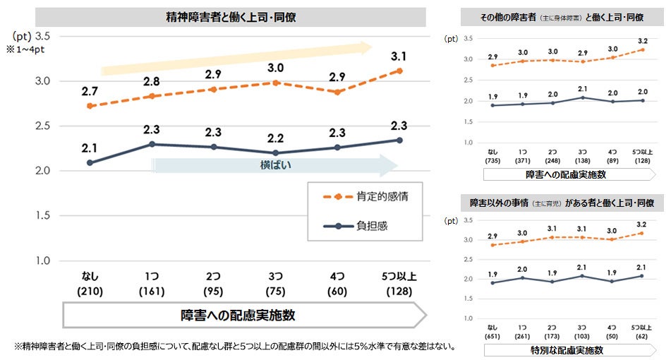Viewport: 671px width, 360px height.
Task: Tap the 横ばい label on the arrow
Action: [276, 164]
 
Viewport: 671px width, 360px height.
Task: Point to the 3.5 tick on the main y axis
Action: [42, 36]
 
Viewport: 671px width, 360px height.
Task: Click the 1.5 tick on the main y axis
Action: [42, 216]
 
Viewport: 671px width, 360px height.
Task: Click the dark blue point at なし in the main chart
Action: [90, 162]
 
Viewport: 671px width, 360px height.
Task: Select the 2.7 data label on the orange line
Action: [90, 90]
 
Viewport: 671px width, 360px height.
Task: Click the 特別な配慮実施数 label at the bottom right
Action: [563, 350]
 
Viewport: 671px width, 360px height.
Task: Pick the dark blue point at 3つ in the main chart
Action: [275, 152]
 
